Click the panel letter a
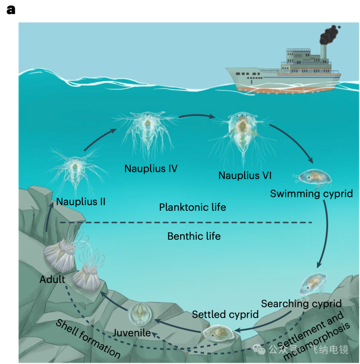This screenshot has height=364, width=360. pos(11,10)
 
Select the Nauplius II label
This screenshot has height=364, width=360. pos(81,202)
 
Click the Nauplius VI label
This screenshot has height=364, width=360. pos(245,175)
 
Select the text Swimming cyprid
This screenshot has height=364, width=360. pos(311,194)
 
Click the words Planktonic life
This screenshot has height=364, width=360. pos(192,207)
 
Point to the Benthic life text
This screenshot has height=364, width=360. pos(194,236)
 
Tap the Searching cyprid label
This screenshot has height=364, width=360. pos(301,304)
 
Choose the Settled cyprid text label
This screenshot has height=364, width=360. pos(225,314)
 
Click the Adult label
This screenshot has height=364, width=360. pos(52,279)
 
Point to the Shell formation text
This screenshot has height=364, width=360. pos(87,338)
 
